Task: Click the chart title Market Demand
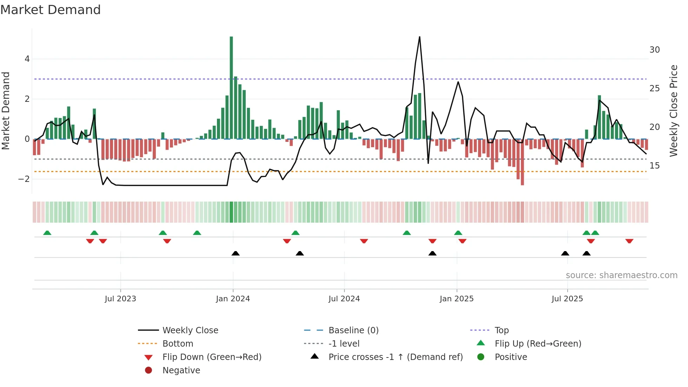51,10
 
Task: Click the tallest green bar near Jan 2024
231,88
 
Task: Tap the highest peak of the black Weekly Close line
419,37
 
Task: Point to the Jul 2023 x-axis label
120,299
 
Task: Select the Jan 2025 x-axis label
456,299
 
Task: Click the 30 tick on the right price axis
654,50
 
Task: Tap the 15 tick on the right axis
654,166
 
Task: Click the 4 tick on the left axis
27,59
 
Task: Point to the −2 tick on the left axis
24,179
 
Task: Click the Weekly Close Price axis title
673,111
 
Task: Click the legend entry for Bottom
178,344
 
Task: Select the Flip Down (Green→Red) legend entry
212,357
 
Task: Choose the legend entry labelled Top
502,330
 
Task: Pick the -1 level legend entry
344,344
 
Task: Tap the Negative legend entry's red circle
148,370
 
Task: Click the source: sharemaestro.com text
621,275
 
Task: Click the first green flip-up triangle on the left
47,233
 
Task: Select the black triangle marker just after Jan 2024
236,253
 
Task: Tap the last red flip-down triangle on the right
629,241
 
